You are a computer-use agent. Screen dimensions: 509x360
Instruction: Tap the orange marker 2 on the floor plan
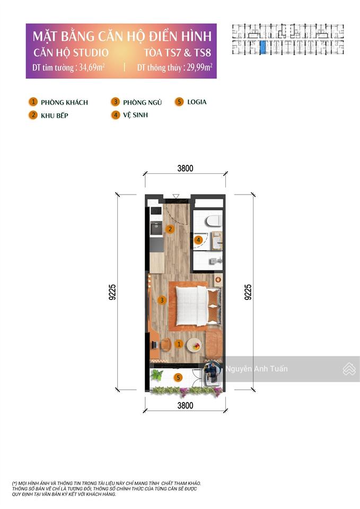[170, 230]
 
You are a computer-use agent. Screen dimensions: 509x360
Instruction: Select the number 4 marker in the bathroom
[198, 240]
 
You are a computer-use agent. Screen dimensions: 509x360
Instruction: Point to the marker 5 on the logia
[179, 378]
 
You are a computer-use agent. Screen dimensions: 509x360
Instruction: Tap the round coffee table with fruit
[194, 345]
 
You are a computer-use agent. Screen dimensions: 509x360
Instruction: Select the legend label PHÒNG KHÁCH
[64, 102]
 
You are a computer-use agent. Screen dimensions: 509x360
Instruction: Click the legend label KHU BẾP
[56, 115]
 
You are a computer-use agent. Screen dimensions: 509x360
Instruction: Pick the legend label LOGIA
[197, 102]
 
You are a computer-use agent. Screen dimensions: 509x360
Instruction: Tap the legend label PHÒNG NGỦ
[142, 102]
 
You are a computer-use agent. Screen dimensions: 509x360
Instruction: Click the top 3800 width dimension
[185, 169]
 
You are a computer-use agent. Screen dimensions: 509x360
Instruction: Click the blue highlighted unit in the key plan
[263, 48]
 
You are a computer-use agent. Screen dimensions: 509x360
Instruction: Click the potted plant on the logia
[156, 375]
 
